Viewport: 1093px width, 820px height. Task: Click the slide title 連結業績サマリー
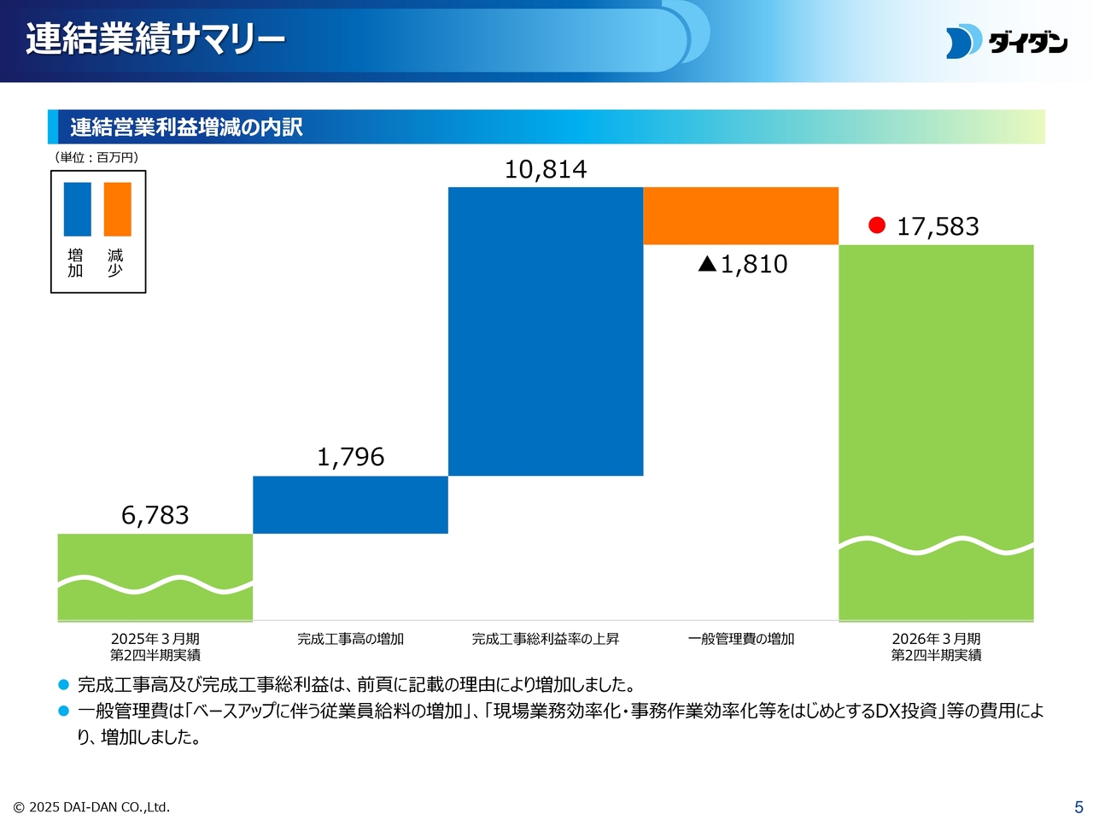tap(155, 39)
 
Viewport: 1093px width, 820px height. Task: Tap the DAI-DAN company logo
tap(1006, 42)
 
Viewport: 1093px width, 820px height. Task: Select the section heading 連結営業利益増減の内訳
tap(186, 127)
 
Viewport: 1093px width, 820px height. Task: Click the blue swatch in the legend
tap(77, 208)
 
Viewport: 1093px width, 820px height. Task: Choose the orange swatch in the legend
tap(118, 208)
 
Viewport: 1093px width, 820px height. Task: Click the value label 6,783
tap(155, 515)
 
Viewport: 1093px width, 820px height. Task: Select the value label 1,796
tap(350, 457)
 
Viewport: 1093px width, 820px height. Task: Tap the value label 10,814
tap(546, 169)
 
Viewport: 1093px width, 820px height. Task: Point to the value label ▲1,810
tap(743, 264)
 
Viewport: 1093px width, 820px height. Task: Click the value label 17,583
tap(938, 226)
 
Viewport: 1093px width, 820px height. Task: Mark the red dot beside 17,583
tap(877, 225)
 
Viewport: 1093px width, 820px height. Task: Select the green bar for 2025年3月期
tap(155, 577)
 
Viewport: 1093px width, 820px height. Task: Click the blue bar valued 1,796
tap(350, 505)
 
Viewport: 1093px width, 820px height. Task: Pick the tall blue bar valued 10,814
tap(546, 331)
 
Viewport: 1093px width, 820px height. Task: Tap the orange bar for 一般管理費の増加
tap(741, 216)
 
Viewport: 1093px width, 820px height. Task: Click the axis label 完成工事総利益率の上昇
tap(546, 639)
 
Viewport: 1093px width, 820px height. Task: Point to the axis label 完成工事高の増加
tap(350, 639)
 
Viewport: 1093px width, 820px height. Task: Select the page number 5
tap(1078, 807)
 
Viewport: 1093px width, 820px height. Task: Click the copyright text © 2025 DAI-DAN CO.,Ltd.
tap(91, 807)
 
